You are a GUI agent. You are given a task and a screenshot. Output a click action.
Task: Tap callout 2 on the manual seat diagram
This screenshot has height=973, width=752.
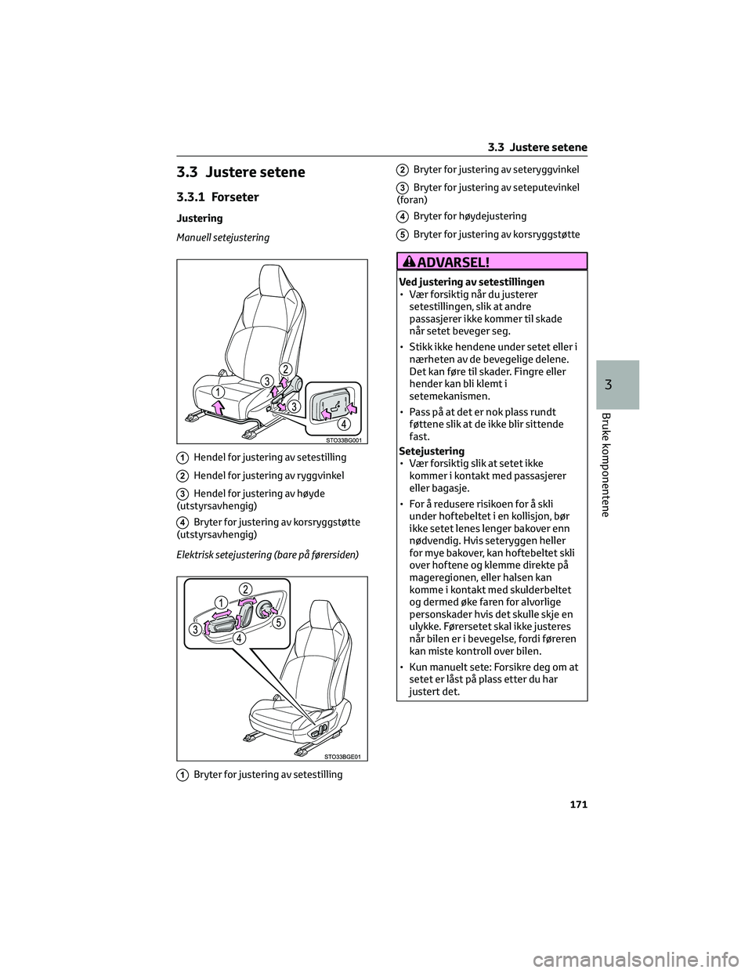point(286,369)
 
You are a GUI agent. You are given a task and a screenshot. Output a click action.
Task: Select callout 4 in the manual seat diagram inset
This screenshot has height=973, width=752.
point(343,425)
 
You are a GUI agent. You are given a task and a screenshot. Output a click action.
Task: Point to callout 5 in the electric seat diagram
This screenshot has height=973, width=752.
point(280,621)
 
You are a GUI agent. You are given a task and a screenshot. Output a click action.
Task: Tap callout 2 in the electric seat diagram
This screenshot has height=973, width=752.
point(245,588)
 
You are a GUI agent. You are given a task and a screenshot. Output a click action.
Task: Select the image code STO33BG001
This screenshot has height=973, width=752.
point(342,440)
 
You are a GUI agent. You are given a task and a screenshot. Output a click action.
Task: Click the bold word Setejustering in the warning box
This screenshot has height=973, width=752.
point(432,451)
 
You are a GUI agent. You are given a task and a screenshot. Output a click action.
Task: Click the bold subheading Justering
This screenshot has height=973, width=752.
point(200,218)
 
